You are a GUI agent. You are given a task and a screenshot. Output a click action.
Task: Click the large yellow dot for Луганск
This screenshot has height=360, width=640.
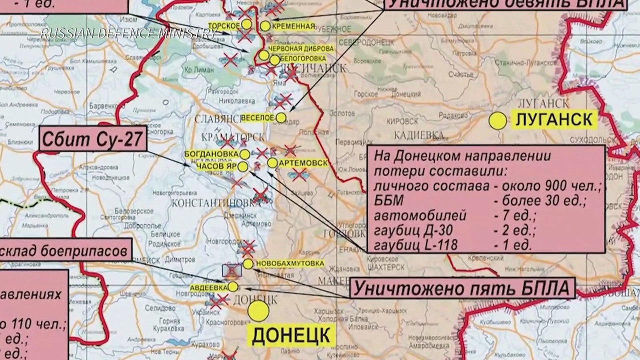[498, 121]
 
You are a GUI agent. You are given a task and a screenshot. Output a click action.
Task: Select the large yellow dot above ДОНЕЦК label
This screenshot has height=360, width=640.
[259, 311]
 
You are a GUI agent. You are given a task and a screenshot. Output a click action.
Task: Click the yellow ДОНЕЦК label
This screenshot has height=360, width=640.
[290, 335]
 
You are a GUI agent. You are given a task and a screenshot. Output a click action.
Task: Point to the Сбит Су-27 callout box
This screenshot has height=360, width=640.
[93, 139]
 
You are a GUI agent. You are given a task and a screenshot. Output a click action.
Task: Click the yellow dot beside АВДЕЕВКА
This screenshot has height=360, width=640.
[232, 286]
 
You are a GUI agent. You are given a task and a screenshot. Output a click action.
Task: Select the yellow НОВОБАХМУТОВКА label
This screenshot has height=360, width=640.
[289, 263]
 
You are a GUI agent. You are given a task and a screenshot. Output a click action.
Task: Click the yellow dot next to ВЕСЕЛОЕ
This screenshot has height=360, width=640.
[281, 117]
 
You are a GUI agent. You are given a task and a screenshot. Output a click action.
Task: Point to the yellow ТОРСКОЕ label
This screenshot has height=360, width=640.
[223, 24]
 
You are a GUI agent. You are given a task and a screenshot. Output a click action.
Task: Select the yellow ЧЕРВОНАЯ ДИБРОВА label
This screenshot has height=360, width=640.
[301, 48]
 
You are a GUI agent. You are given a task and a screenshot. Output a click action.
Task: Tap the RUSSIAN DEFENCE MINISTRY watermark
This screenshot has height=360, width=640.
[128, 34]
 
